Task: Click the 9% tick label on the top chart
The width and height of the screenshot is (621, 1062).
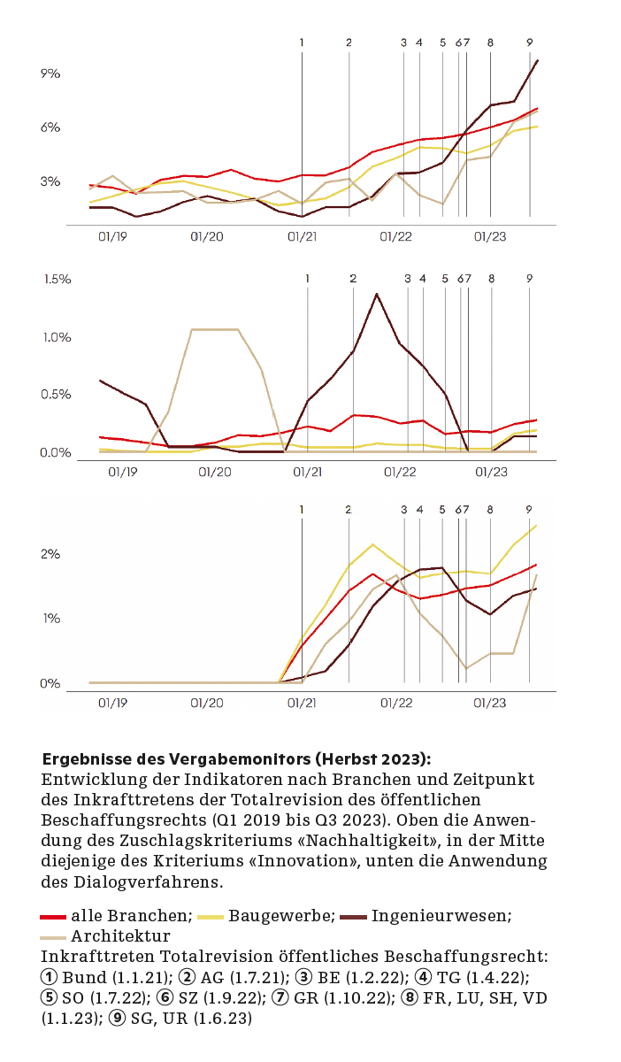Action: coord(50,73)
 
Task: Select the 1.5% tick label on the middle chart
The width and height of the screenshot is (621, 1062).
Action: coord(57,280)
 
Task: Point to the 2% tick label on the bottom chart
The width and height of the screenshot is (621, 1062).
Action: coord(50,555)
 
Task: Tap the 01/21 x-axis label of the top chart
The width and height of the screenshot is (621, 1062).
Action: coord(302,237)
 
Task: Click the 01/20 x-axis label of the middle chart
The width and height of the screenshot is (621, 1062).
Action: coord(215,473)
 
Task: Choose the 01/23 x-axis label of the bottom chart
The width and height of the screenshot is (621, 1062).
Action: coord(489,703)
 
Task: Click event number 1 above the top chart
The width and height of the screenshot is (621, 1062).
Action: coord(302,42)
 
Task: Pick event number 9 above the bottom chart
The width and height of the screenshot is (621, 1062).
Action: coord(529,510)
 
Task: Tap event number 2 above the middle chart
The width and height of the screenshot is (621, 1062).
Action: coord(353,279)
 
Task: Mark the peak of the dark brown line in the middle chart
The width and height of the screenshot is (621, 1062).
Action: coord(377,294)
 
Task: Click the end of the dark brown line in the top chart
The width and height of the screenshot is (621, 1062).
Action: coord(538,60)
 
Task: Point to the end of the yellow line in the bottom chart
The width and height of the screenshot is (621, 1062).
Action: coord(537,526)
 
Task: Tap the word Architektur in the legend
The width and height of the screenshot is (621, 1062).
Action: coord(120,936)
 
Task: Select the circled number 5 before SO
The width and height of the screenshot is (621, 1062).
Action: coord(50,998)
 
